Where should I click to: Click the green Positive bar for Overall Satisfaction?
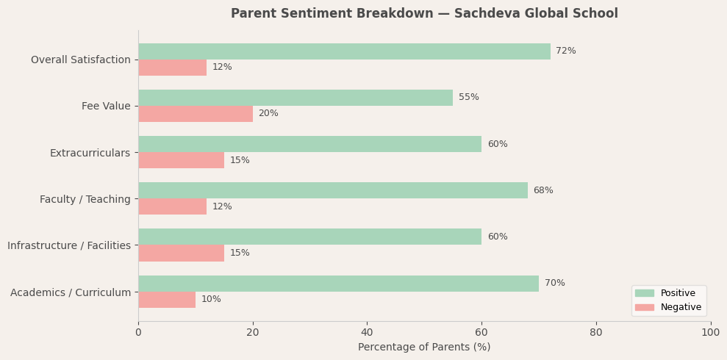tap(344, 51)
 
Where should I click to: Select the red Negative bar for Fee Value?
tap(196, 114)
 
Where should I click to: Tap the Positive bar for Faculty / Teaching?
tap(333, 190)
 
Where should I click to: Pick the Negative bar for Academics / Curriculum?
tap(167, 300)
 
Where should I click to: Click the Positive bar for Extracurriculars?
tap(309, 144)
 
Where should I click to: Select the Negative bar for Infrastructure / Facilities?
tap(181, 253)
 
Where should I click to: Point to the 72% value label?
tap(565, 51)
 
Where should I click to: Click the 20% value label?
tap(268, 114)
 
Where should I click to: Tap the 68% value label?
tap(543, 191)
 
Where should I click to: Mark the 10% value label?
tap(211, 300)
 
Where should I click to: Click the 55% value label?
tap(468, 98)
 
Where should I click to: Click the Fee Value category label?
tap(106, 107)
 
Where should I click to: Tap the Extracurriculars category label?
tap(90, 154)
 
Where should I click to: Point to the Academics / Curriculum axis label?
tap(71, 293)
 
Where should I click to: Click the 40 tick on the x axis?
tap(367, 333)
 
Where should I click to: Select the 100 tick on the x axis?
tap(710, 333)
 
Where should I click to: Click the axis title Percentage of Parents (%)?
tap(424, 348)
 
